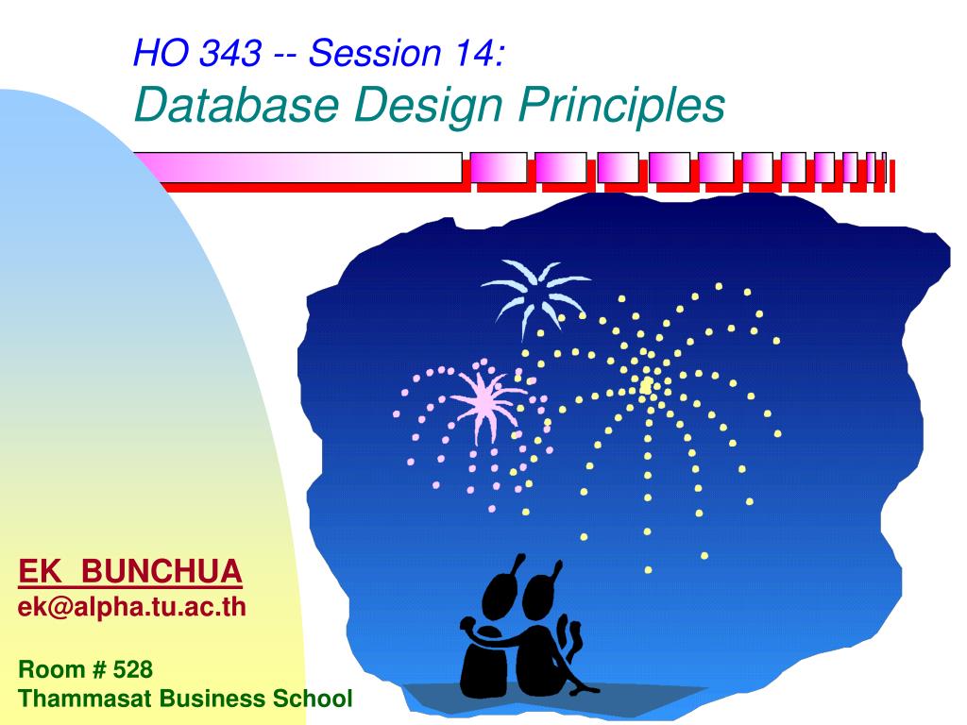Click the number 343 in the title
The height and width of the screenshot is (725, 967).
[x=230, y=56]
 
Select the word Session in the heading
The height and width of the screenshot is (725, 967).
[x=371, y=56]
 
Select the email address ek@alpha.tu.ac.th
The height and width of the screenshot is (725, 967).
[x=132, y=607]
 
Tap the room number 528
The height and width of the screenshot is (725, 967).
[x=132, y=670]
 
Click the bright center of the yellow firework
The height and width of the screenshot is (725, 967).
[x=647, y=386]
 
